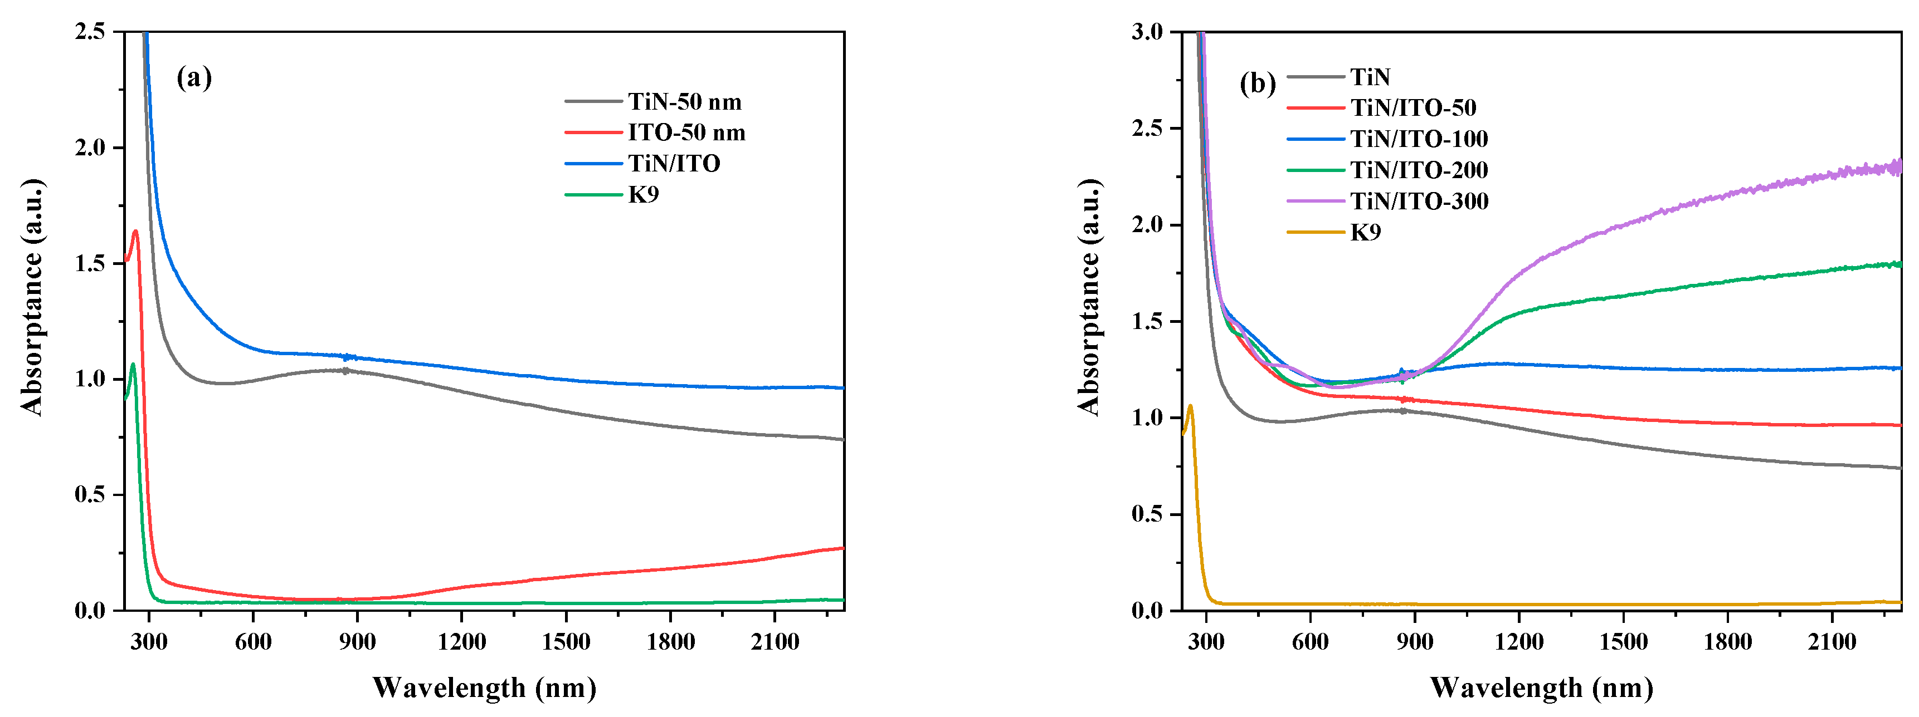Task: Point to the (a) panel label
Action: [194, 77]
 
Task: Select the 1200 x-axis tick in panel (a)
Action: [461, 642]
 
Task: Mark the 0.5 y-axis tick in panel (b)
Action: [1147, 514]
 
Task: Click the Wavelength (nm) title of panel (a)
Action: [484, 687]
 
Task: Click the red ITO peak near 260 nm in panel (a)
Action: [135, 232]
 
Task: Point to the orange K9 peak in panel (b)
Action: [1190, 406]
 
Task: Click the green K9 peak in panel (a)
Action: [133, 365]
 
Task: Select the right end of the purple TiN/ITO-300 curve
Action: [1898, 167]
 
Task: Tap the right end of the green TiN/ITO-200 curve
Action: [1898, 264]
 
